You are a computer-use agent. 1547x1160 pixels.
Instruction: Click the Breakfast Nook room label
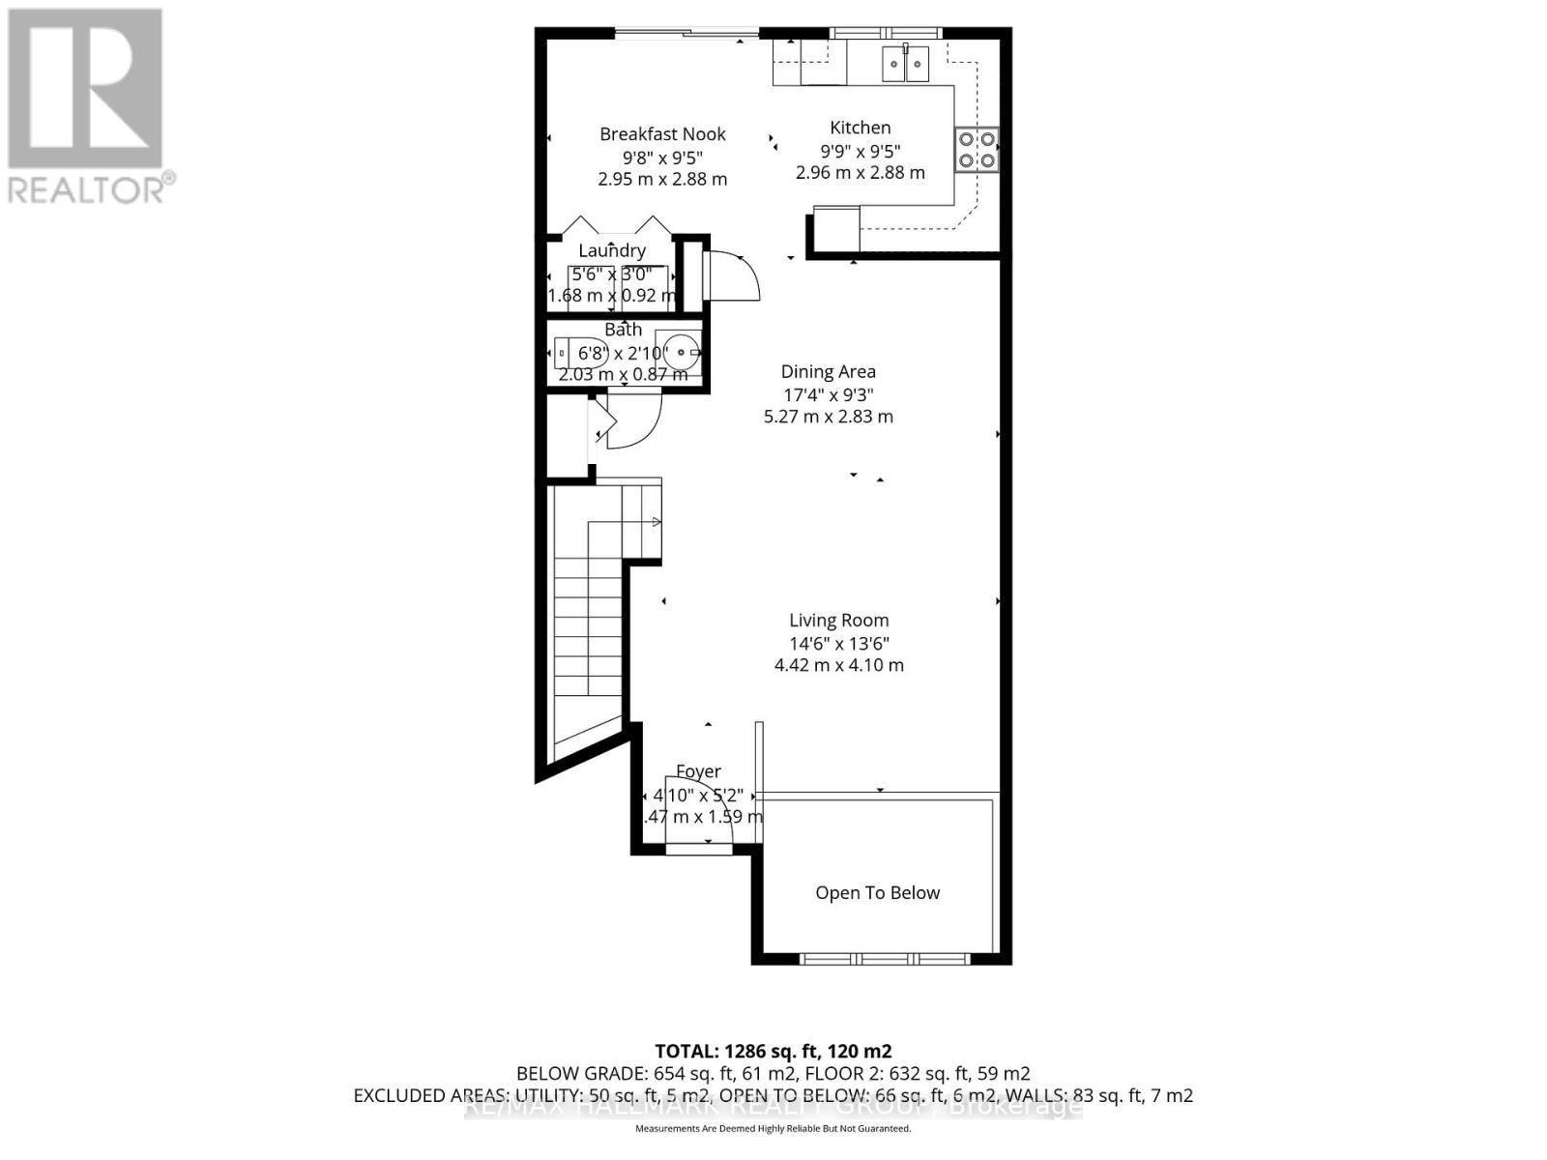662,134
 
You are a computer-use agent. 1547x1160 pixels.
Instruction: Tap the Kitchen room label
860,128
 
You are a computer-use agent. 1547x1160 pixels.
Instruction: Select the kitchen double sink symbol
905,66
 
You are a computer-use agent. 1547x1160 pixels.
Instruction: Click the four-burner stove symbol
977,150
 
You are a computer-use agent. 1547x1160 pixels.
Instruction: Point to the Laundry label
611,251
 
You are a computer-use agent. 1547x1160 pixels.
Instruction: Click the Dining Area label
828,371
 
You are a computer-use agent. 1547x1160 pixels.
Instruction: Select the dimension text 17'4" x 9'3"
828,394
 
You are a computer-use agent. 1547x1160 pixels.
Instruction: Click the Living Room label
838,621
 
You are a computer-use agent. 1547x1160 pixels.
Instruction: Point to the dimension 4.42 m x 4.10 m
838,665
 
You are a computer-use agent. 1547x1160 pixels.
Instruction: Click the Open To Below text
877,893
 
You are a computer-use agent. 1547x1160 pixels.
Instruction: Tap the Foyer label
698,771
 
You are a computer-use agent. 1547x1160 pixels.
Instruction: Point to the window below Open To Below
885,959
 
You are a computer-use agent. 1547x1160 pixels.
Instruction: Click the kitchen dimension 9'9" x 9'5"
860,151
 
